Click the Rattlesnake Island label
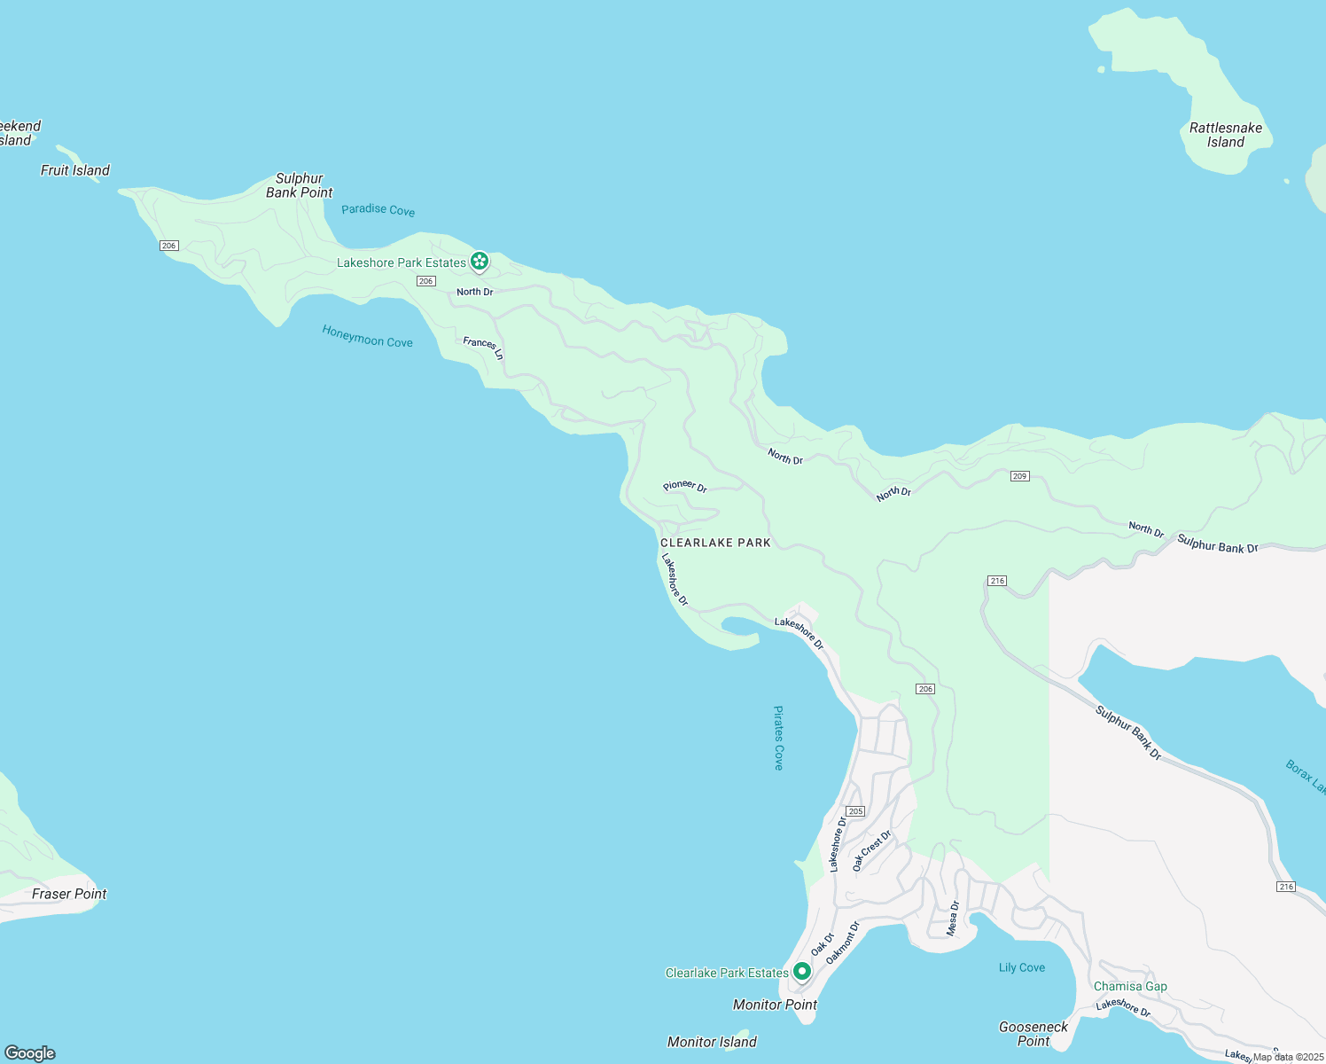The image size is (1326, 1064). (x=1225, y=135)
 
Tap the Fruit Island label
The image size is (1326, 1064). (x=75, y=170)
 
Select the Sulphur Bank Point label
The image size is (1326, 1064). (x=300, y=185)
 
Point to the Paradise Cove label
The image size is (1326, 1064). (x=378, y=210)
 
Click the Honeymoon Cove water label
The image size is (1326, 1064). (x=367, y=336)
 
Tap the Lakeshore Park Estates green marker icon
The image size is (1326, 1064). (x=480, y=262)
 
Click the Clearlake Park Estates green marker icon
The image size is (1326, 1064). (x=801, y=972)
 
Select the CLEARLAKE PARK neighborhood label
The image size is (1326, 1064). (x=715, y=543)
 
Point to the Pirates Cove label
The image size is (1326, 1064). (x=778, y=738)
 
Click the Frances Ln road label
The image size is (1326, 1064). (x=483, y=348)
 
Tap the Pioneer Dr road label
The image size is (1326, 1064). (x=685, y=486)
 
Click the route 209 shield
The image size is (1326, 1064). (x=1019, y=476)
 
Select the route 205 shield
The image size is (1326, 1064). (x=855, y=811)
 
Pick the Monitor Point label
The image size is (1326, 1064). (x=775, y=1005)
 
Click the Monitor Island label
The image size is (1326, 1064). (x=712, y=1042)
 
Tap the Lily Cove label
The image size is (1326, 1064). (x=1022, y=967)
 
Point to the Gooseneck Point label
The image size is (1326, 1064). (x=1033, y=1034)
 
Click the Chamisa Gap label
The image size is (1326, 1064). (x=1130, y=986)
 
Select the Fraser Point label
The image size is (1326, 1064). (x=69, y=894)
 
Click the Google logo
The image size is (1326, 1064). (x=30, y=1052)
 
